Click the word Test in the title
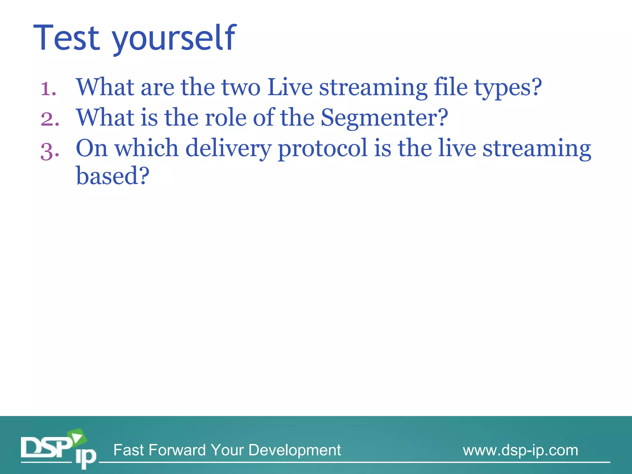67,38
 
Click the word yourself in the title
174,39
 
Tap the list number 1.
48,89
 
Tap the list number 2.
50,119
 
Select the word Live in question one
290,87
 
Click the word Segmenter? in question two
384,118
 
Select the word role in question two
226,118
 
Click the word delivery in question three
228,148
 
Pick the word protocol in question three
323,149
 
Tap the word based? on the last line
113,176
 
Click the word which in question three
147,148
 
